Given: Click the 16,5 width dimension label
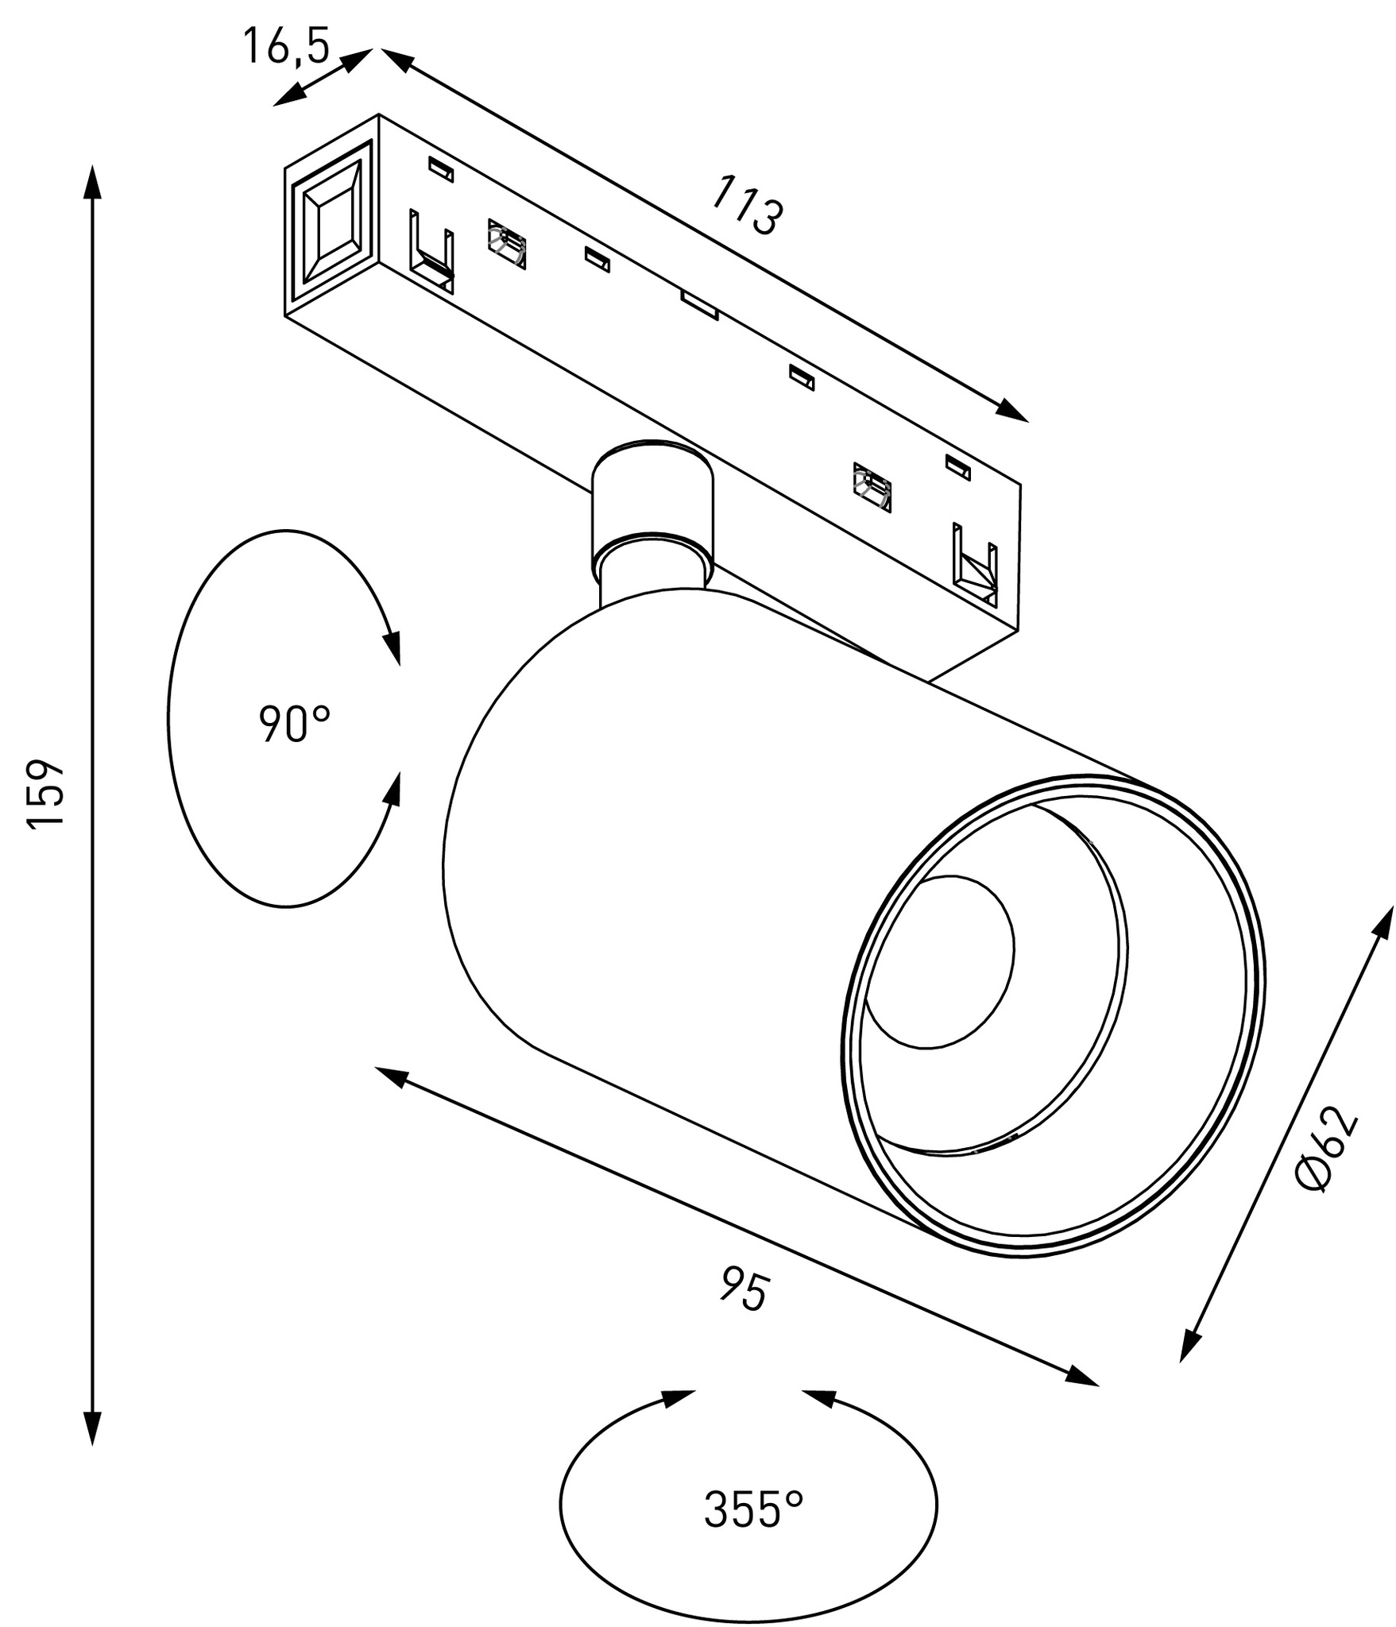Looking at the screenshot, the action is click(x=285, y=45).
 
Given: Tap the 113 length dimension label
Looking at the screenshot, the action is click(x=747, y=206).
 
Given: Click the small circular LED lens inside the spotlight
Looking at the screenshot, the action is click(x=938, y=961).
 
